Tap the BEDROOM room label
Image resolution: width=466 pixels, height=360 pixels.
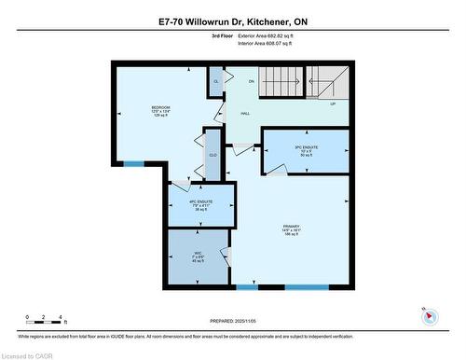point(160,112)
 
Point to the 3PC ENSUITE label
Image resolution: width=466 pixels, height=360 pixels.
point(306,149)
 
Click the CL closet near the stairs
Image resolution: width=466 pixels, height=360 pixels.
point(215,82)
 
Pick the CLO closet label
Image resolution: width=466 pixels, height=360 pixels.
point(212,156)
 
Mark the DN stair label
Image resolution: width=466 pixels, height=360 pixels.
point(251,82)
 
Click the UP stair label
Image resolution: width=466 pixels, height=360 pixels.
point(334,104)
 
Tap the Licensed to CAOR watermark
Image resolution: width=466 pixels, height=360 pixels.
point(28,353)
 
